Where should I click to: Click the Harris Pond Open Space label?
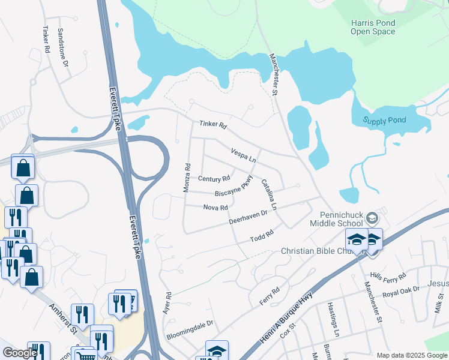[373, 27]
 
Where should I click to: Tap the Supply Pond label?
[384, 120]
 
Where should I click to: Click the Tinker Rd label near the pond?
[213, 125]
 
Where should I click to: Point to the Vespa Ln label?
[244, 157]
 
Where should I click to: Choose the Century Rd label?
[214, 179]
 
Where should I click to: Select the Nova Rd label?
[215, 208]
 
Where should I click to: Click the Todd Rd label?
[262, 236]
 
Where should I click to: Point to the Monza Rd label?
[187, 178]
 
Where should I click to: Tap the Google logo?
[19, 353]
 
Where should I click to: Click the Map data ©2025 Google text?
[411, 355]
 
